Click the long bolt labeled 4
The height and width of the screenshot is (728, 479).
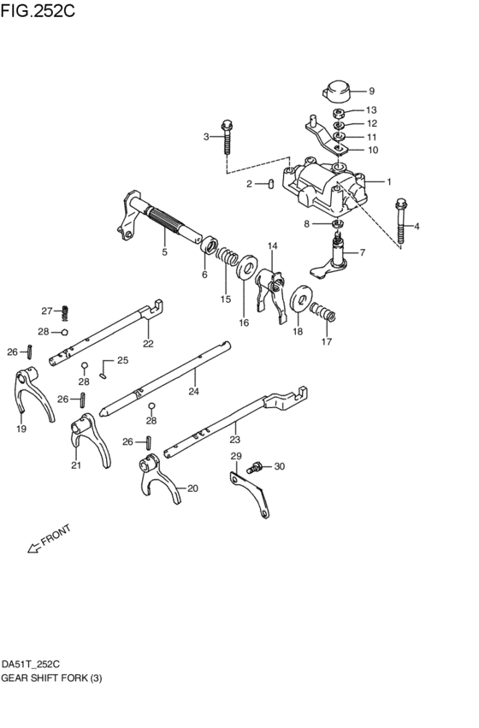[401, 222]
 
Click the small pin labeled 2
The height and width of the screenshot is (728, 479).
[269, 183]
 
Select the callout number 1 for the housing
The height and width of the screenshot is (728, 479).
[388, 181]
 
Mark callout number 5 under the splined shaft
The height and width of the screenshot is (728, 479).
[165, 252]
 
